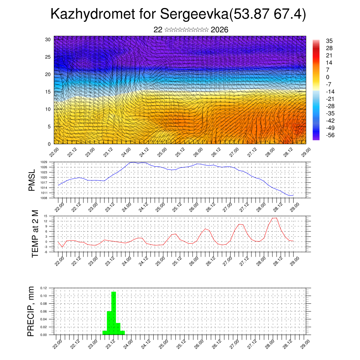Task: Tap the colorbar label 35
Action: click(x=329, y=41)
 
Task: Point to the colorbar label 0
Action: click(x=328, y=77)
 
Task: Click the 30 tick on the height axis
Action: click(x=48, y=39)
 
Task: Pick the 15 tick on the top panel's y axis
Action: click(x=48, y=92)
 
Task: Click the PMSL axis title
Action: click(x=32, y=180)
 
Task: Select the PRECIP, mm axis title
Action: click(x=31, y=311)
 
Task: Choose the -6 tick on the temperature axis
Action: click(x=46, y=252)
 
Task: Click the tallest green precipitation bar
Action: click(x=114, y=313)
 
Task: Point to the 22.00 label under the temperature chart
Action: click(x=59, y=260)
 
